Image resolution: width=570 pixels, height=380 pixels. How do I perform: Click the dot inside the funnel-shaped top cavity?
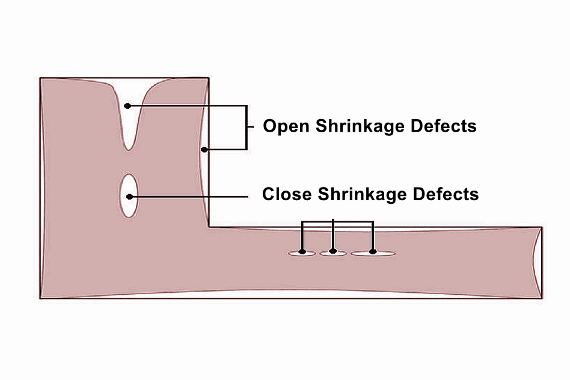tap(127, 106)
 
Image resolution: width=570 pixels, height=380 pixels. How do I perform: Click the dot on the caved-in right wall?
tap(204, 149)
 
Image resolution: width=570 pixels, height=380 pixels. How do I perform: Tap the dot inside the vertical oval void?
tap(129, 196)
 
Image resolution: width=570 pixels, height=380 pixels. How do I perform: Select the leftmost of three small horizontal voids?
tap(302, 253)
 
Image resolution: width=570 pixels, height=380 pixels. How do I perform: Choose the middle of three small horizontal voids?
tap(332, 253)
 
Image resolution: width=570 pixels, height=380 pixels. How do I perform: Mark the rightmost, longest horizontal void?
tap(373, 253)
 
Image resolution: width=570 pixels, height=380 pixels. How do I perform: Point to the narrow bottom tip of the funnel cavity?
tap(128, 146)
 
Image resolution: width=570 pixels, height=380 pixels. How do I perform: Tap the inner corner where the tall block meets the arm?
tap(209, 227)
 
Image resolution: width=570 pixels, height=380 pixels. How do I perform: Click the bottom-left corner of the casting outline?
tap(40, 298)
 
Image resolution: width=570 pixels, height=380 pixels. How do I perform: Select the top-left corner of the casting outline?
tap(40, 78)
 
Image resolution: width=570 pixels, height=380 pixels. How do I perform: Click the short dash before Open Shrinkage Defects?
tap(253, 127)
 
